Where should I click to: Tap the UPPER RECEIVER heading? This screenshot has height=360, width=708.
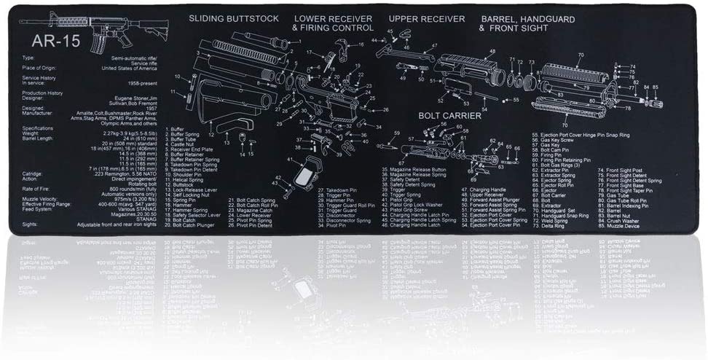pyautogui.click(x=426, y=18)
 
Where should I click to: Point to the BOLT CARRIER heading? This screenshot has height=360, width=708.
pyautogui.click(x=449, y=115)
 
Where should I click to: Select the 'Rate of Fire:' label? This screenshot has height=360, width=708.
pyautogui.click(x=37, y=189)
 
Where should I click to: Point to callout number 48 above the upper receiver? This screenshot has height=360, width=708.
pyautogui.click(x=492, y=51)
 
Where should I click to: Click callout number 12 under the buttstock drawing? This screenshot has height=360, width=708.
pyautogui.click(x=211, y=135)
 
